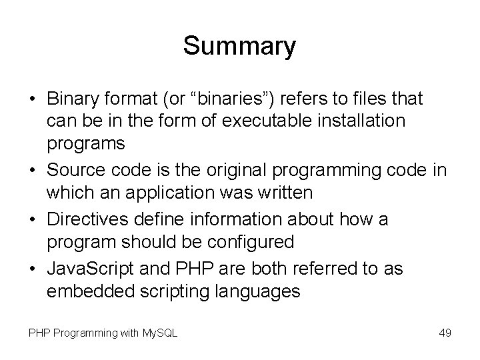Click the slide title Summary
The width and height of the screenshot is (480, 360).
click(x=239, y=46)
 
